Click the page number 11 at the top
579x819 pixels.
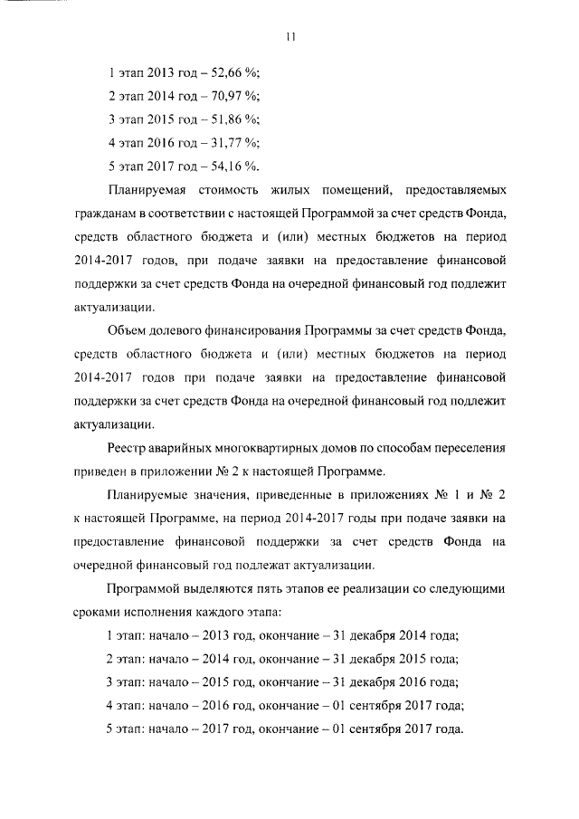(289, 37)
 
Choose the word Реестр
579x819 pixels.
(127, 449)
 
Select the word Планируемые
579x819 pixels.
(147, 496)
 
